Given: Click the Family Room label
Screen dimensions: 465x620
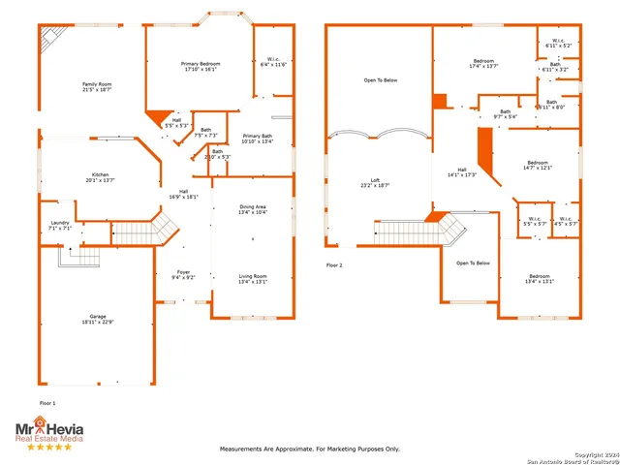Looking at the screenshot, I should (97, 86).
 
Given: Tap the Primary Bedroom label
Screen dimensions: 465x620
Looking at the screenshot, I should (201, 67).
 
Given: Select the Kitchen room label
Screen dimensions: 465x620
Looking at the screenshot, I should (101, 176).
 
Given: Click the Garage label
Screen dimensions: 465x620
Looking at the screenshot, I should (98, 321).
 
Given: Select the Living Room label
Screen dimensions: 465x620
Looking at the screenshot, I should (253, 280).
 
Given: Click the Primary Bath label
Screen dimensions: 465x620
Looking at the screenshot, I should (258, 138).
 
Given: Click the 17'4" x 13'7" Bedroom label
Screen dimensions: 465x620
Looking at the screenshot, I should (483, 63).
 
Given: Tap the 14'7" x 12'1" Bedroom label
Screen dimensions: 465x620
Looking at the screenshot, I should (539, 165).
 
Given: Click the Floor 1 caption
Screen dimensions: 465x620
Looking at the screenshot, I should (47, 402).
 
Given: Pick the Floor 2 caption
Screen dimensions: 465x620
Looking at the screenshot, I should (334, 263).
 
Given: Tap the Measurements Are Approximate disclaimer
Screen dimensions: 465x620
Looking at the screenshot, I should (310, 449).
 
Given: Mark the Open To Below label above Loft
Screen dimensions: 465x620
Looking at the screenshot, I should (380, 80).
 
